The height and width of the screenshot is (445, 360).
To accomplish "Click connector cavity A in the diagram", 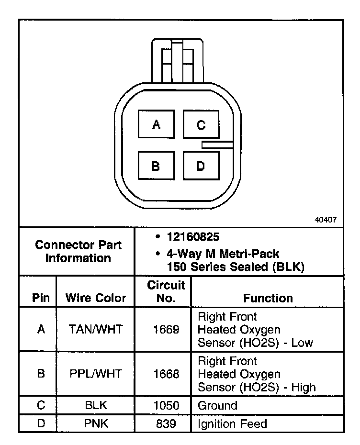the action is pos(156,125).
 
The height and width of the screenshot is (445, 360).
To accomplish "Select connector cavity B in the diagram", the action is pos(156,166).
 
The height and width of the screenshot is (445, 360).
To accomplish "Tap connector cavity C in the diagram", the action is pos(201,125).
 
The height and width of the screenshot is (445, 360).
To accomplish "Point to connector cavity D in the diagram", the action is pos(201,166).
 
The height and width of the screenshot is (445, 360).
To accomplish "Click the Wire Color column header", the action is pos(96,298).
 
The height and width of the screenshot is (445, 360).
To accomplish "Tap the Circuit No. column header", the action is pos(166,292).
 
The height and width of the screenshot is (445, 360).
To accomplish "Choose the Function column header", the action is pos(268,298).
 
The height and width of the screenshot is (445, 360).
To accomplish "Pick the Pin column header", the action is pos(41,298).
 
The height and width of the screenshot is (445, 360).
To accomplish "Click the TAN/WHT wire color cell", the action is pos(96,330).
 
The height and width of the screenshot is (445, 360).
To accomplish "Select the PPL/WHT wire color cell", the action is pos(96,374).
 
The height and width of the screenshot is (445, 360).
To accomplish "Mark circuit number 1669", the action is pos(166,330).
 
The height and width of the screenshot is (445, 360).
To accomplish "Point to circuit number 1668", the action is pos(166,374).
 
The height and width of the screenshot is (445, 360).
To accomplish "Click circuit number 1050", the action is pos(166,406).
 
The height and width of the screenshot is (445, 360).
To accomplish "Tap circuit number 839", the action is pos(166,423).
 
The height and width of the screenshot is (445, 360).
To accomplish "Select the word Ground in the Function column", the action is pos(217,406).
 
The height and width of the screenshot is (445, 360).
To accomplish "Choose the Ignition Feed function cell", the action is pos(232,423).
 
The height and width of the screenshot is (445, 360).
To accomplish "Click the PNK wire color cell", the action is pos(96,423).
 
